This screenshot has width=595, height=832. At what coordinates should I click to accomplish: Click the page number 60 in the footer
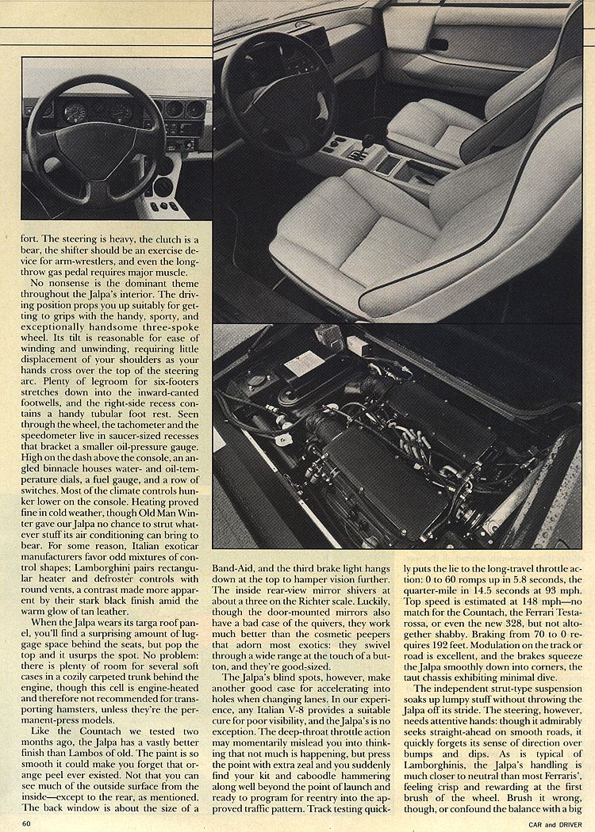point(26,823)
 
